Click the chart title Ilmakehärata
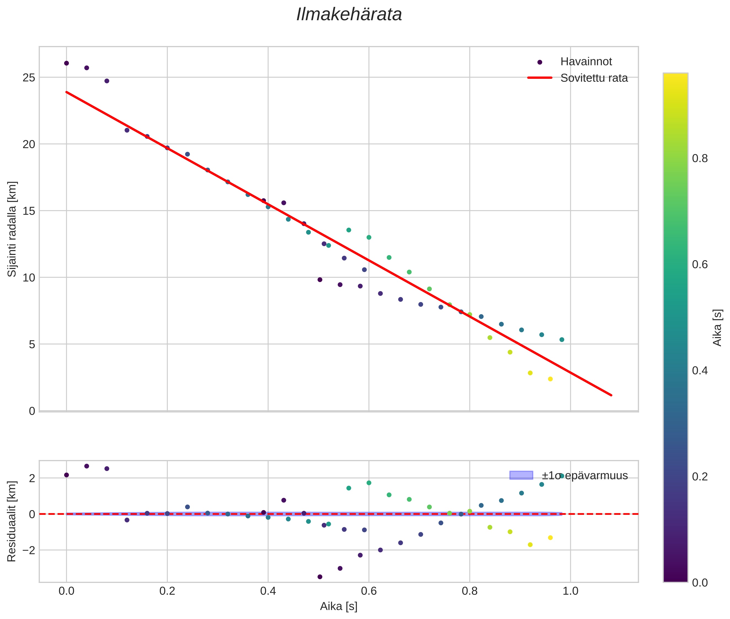(x=349, y=15)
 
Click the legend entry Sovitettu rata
(x=594, y=78)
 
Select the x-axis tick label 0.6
(x=369, y=591)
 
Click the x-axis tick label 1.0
(x=571, y=591)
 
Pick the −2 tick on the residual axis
(x=27, y=550)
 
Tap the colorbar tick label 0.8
(x=700, y=159)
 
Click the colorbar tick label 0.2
(x=700, y=477)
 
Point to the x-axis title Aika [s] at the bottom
(x=339, y=606)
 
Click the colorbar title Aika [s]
(x=717, y=327)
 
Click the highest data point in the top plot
(x=66, y=63)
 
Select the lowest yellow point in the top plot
(x=550, y=379)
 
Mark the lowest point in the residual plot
(x=320, y=577)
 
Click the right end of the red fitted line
(x=611, y=395)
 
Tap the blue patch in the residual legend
(x=521, y=475)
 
